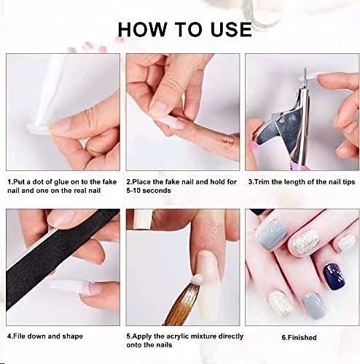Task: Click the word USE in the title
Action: coord(231,30)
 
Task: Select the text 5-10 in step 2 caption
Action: coord(133,191)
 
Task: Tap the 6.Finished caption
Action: coord(299,338)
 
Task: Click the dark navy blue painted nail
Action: coord(334,277)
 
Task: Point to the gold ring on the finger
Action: coord(228,141)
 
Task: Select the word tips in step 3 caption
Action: coord(348,182)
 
